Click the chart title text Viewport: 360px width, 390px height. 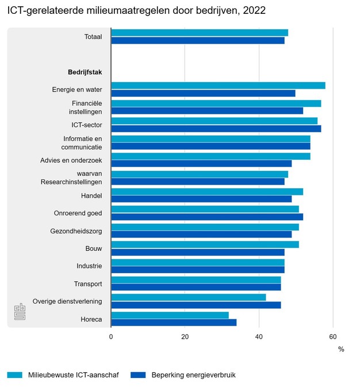[136, 11]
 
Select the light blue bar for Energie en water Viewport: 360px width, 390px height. [218, 86]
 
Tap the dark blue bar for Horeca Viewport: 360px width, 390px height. [174, 322]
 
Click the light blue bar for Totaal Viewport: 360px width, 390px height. [200, 33]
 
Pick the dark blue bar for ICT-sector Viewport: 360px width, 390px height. [216, 128]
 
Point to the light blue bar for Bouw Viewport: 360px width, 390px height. [205, 244]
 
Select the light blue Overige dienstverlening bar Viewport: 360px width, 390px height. [189, 297]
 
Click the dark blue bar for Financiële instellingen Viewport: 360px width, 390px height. [207, 110]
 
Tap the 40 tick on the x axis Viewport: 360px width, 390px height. [259, 337]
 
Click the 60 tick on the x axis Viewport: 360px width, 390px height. [333, 337]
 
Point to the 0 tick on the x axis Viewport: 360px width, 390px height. [111, 337]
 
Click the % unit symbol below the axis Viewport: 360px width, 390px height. [341, 349]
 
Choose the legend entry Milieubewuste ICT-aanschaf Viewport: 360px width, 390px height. [74, 375]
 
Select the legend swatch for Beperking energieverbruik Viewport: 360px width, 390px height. [138, 375]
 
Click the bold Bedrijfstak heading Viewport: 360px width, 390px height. [85, 72]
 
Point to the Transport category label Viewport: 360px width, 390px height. [88, 284]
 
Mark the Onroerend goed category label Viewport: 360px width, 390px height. [78, 213]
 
